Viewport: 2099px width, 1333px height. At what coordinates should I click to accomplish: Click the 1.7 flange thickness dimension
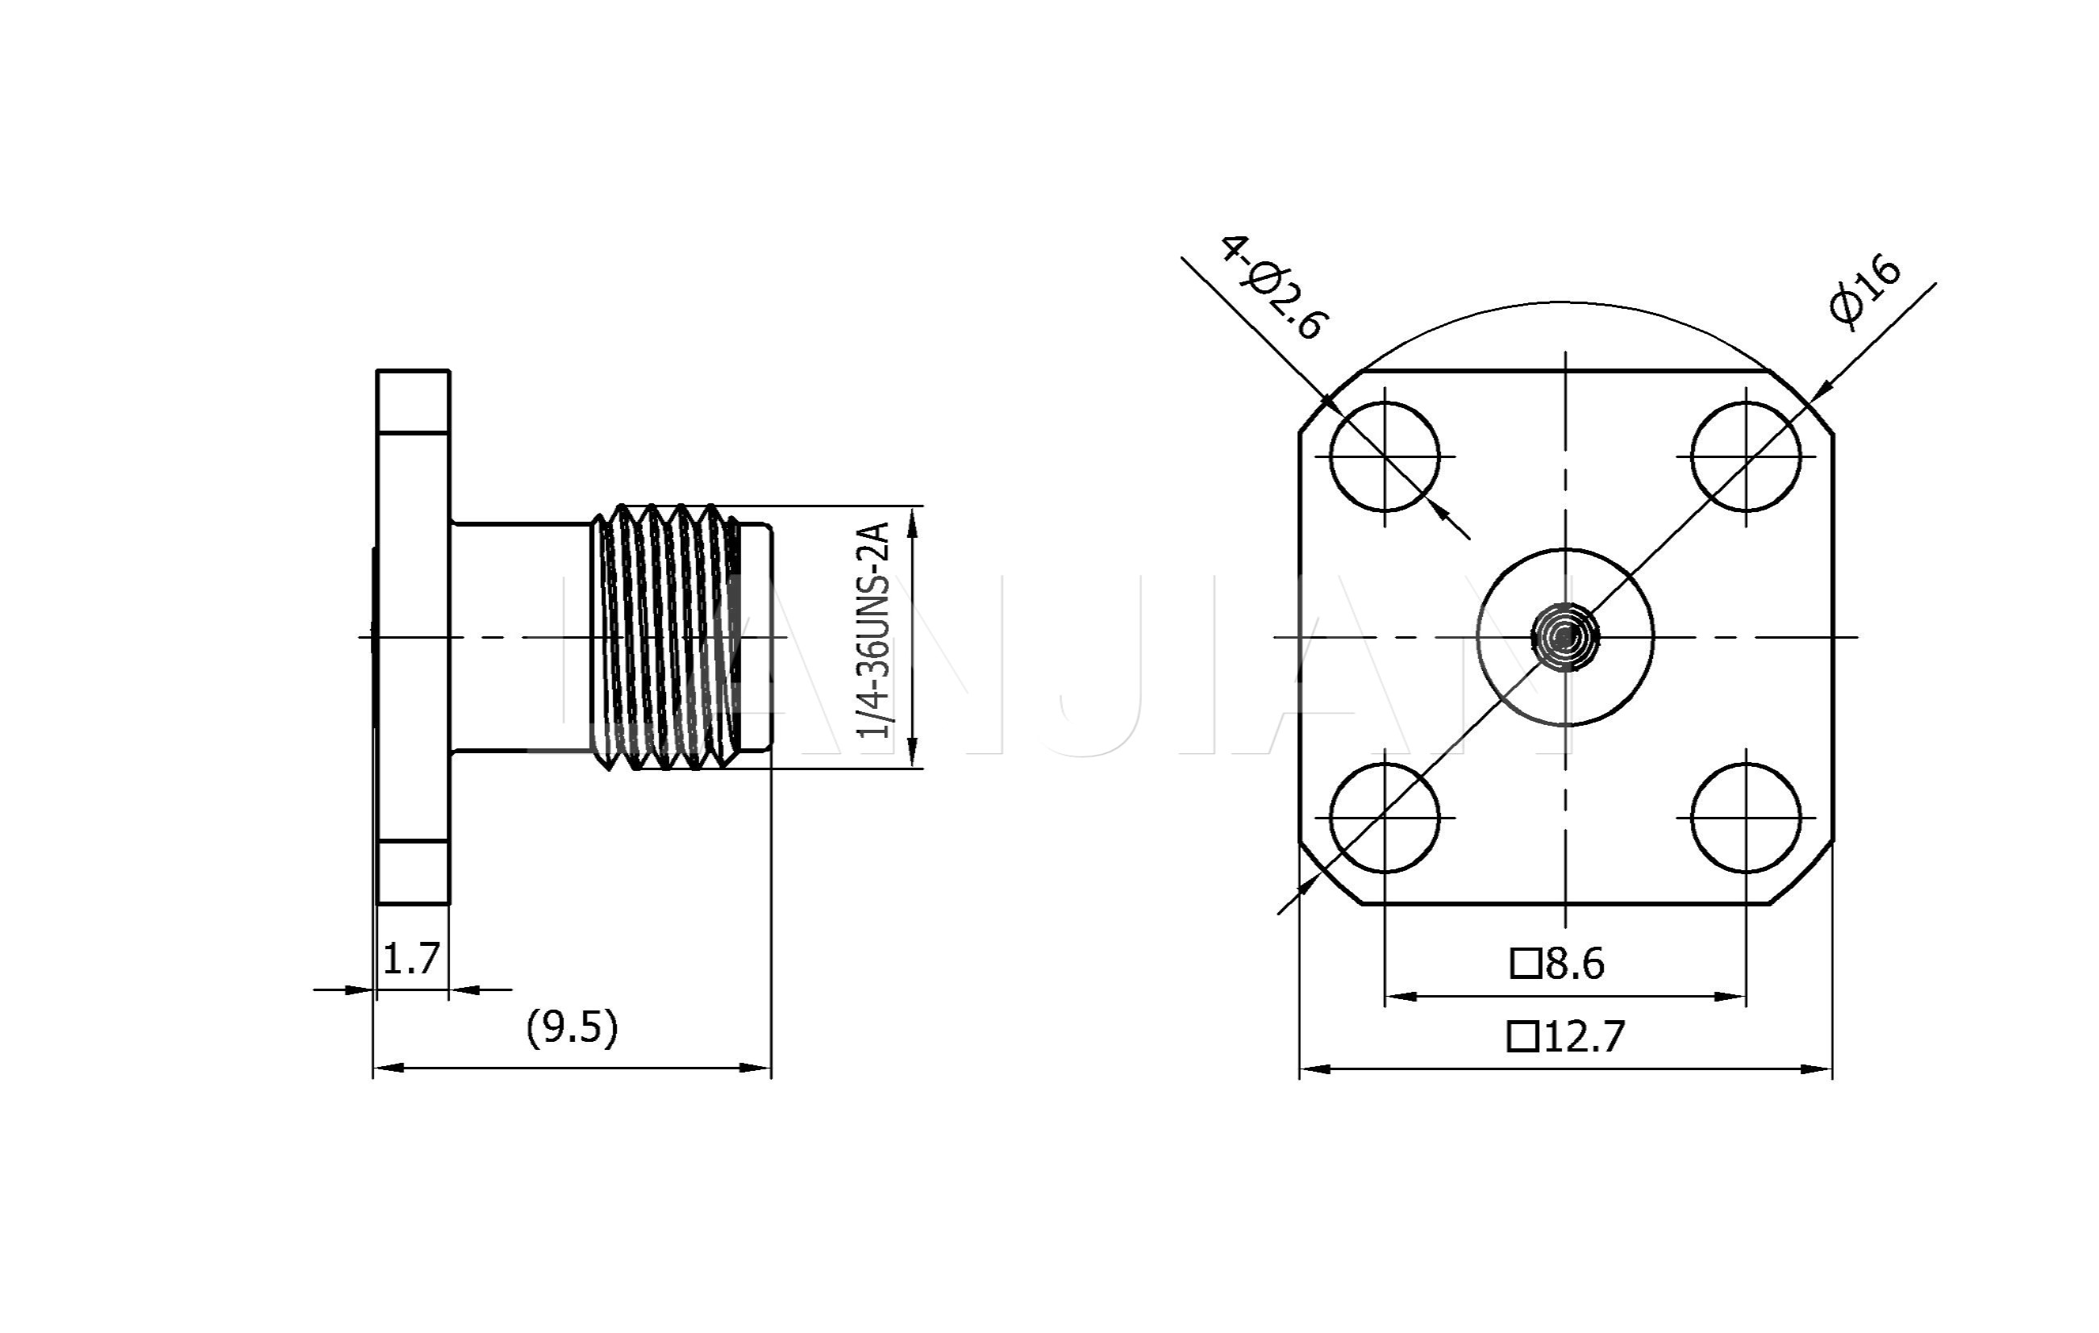click(x=411, y=960)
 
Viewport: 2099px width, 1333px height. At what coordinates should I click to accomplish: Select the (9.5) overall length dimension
click(x=572, y=1028)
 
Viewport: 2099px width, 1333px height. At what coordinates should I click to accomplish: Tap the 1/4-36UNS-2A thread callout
click(x=873, y=631)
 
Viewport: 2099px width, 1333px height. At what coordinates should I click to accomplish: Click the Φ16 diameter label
click(x=1866, y=291)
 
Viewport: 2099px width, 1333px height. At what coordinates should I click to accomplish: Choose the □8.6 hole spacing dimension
click(x=1557, y=964)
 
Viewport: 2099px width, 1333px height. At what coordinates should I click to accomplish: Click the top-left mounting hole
click(x=1385, y=456)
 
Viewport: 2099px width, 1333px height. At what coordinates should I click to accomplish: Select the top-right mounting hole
click(x=1746, y=456)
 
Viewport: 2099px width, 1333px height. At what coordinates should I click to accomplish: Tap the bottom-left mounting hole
click(x=1385, y=818)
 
